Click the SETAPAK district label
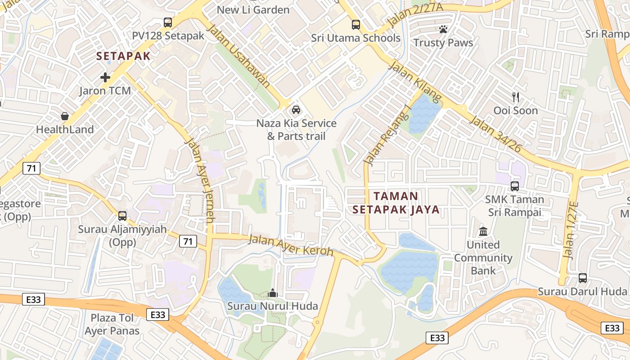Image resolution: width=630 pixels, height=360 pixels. [123, 56]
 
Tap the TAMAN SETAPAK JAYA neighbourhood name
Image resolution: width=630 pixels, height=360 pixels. [396, 203]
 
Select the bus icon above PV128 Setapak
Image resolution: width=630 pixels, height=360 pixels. [168, 22]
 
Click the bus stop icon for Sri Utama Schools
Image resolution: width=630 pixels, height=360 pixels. [356, 24]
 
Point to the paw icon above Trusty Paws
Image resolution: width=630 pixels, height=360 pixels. [443, 30]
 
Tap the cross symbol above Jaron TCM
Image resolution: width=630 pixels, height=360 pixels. [105, 77]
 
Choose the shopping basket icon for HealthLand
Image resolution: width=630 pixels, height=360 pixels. [65, 116]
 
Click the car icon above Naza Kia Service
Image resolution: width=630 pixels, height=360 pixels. [296, 109]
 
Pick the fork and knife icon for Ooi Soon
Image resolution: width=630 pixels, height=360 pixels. [516, 97]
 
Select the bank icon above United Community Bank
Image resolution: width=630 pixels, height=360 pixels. [483, 231]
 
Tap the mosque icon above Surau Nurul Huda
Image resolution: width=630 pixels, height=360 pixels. [272, 293]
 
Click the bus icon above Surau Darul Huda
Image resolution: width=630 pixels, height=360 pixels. [583, 278]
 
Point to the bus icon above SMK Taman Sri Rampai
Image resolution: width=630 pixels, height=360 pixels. [515, 185]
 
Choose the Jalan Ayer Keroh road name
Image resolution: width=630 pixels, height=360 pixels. [291, 245]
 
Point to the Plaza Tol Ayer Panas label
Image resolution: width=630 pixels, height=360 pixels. [112, 324]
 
